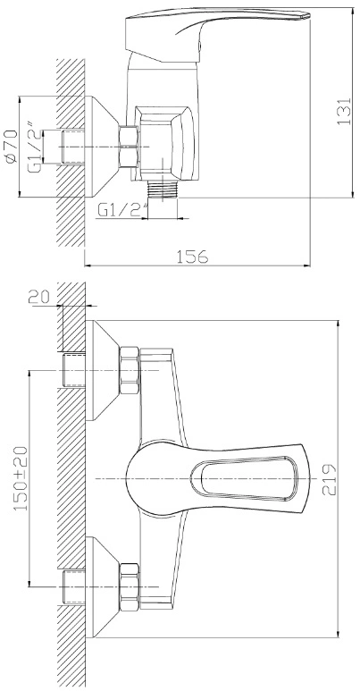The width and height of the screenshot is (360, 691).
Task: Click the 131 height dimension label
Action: click(x=344, y=111)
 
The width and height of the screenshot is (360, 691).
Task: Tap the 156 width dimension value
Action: click(x=192, y=256)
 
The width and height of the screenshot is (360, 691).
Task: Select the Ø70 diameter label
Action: click(x=10, y=147)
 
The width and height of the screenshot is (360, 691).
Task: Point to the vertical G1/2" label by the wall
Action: click(x=36, y=146)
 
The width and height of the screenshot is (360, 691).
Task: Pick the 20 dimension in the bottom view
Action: click(x=39, y=297)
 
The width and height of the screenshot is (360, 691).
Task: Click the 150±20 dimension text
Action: click(x=21, y=478)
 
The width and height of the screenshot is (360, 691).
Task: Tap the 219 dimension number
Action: click(x=330, y=479)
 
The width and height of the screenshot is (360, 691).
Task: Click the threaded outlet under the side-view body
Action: click(x=163, y=190)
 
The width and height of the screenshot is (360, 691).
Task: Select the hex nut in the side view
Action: click(x=129, y=147)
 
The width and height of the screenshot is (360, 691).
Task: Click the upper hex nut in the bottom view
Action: click(x=130, y=370)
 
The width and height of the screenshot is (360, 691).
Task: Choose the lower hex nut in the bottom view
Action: click(x=130, y=587)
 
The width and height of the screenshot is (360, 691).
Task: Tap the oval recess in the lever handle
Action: click(x=244, y=479)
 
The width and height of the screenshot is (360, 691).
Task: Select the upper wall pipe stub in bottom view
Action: click(x=74, y=370)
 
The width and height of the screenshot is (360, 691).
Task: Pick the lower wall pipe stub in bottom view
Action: click(x=74, y=587)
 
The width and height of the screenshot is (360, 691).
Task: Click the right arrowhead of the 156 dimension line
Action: click(x=307, y=265)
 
